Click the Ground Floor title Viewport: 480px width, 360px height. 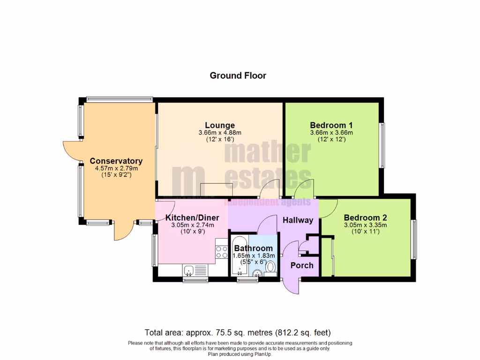point(238,75)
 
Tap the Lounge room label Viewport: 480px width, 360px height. point(220,125)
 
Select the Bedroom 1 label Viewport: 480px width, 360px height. point(331,125)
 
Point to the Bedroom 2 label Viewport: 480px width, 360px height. point(365,217)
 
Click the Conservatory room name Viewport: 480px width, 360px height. point(116,161)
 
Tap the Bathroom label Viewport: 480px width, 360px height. point(253,248)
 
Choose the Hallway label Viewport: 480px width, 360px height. point(297,220)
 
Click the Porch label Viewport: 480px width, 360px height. point(302,265)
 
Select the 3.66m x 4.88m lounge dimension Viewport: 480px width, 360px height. point(220,133)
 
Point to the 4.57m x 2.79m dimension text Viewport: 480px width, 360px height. point(116,168)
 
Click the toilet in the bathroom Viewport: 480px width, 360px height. point(270,268)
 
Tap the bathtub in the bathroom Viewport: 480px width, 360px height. point(237,258)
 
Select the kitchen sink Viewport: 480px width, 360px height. point(189,270)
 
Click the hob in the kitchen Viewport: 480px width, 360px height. point(221,249)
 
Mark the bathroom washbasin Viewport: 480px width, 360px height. point(257,273)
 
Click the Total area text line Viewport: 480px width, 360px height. point(238,333)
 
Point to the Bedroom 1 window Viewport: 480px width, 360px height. point(382,145)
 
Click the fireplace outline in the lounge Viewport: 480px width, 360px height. point(216,190)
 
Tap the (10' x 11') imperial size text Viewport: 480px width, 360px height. point(365,232)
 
